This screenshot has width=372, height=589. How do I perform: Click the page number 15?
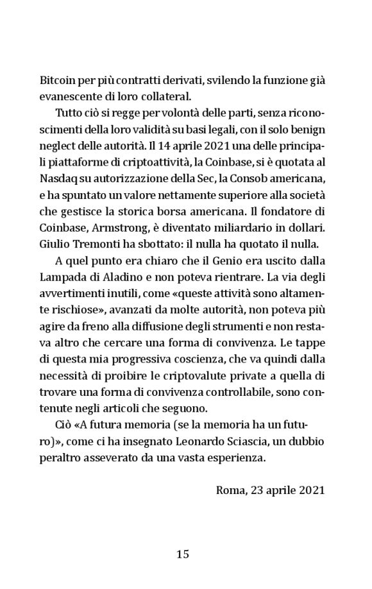click(x=183, y=554)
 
